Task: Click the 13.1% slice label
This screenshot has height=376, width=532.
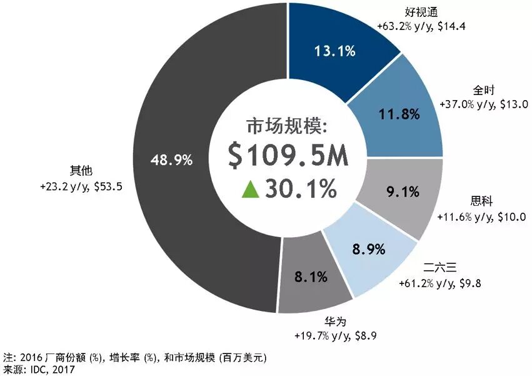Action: (336, 52)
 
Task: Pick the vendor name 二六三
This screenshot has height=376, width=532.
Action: (443, 270)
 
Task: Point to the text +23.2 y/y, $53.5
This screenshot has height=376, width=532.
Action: (79, 186)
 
